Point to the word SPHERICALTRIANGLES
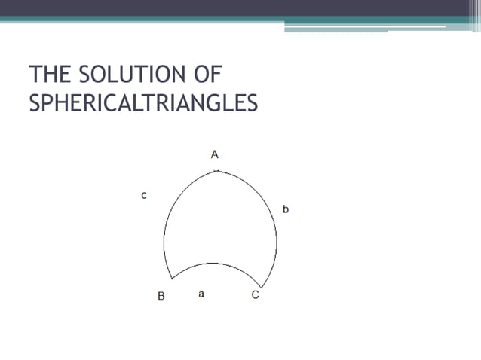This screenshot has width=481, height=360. tap(142, 103)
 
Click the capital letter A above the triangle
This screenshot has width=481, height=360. tap(215, 154)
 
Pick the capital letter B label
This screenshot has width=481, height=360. tap(161, 296)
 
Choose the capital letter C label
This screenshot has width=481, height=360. tap(255, 296)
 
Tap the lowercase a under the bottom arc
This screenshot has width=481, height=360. tap(201, 294)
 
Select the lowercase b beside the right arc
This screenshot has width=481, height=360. tap(286, 209)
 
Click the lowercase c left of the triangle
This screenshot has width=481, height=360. tap(144, 195)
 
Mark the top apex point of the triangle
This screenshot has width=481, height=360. tap(216, 171)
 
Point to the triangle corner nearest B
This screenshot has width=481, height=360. tap(171, 279)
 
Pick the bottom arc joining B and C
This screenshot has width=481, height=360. tap(215, 264)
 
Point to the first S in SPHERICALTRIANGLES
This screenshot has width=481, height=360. tap(35, 103)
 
